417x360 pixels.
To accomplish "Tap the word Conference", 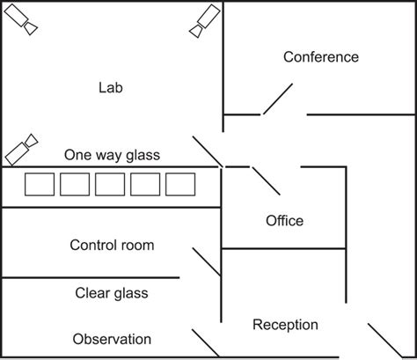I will click(320, 57).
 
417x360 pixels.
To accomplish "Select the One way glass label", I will click(112, 155).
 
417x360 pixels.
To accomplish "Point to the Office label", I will click(284, 220).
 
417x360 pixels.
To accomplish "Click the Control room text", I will click(112, 245).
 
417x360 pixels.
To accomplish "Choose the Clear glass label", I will click(112, 293).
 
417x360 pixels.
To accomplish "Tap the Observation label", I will click(112, 339).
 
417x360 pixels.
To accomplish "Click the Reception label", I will click(285, 325).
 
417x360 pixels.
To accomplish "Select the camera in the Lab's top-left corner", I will click(26, 21).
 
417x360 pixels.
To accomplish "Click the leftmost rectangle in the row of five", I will click(40, 185).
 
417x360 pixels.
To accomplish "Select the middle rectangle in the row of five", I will click(110, 185).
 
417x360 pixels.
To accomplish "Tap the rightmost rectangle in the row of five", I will click(180, 185).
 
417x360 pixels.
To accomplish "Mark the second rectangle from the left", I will click(75, 185).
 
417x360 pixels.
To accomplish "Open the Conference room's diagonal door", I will click(278, 99).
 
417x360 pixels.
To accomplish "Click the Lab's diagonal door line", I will click(208, 151).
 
